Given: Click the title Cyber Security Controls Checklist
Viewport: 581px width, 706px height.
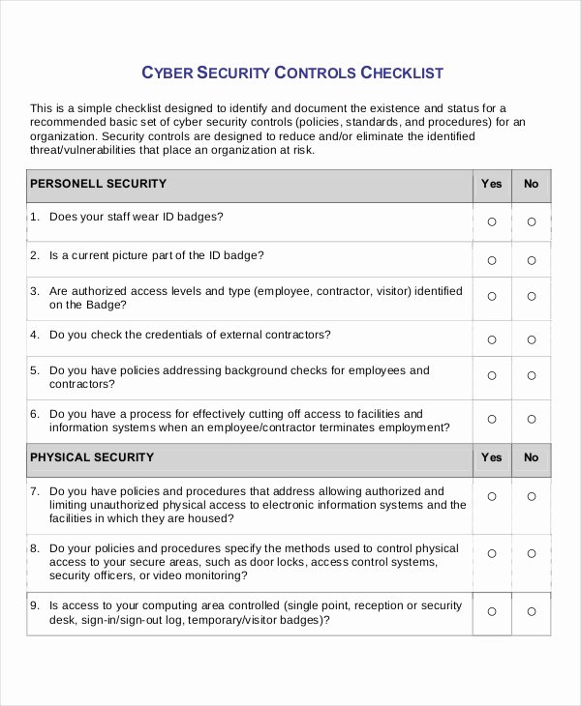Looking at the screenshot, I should click(292, 73).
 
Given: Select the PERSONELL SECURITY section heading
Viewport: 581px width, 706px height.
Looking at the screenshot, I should click(98, 184).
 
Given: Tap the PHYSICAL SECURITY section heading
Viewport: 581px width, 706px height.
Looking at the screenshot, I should click(91, 457).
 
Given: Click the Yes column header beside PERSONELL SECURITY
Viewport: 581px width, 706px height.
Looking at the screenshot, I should click(492, 184).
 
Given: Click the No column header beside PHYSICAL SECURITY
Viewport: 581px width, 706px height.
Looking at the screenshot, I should click(531, 457).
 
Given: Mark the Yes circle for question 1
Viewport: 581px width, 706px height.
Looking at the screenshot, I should click(492, 221).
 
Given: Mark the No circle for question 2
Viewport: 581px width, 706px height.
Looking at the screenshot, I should click(531, 260).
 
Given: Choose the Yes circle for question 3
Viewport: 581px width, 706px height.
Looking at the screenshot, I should click(492, 297).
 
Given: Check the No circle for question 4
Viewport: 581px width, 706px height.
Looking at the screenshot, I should click(531, 339).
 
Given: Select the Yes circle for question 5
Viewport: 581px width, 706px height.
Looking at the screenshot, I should click(492, 376).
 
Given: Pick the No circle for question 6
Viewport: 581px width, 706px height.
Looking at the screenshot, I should click(531, 420).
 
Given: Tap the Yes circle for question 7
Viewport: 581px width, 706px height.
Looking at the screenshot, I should click(492, 497).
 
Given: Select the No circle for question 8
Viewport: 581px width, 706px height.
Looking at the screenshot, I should click(531, 554).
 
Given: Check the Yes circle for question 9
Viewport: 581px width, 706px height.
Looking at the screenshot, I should click(492, 611).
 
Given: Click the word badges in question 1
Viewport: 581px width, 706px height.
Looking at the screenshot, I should click(199, 217).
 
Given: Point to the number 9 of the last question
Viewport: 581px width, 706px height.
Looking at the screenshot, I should click(34, 606).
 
